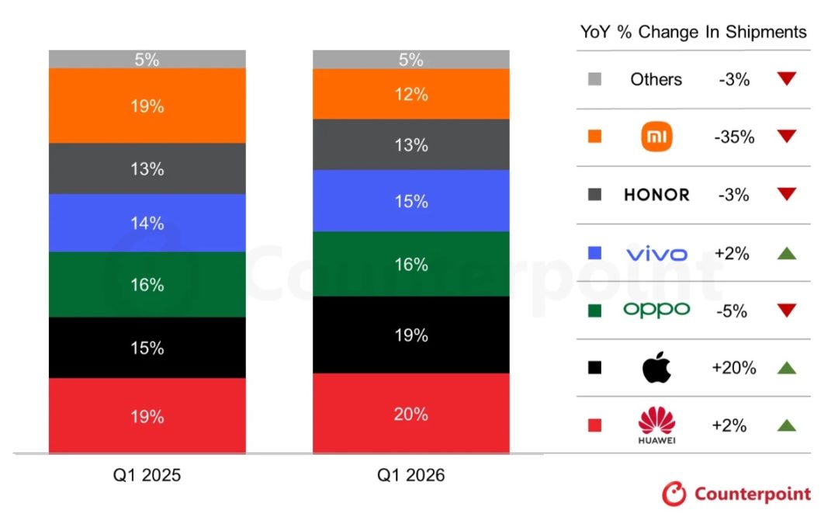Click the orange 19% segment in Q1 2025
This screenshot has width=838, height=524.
click(x=147, y=106)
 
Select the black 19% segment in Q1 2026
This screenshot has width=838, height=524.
click(x=411, y=335)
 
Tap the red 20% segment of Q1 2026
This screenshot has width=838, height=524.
click(x=411, y=413)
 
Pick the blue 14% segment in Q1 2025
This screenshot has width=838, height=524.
click(x=147, y=223)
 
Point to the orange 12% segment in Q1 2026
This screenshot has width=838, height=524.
click(x=411, y=94)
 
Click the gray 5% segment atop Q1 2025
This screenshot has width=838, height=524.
click(x=147, y=59)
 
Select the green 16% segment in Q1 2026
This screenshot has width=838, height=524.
click(x=411, y=264)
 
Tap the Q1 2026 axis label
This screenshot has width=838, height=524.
click(x=411, y=475)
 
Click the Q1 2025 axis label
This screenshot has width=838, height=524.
click(x=147, y=475)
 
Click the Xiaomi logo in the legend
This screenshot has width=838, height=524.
click(x=656, y=137)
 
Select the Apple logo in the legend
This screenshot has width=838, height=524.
click(x=656, y=368)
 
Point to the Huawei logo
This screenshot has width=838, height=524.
click(x=656, y=425)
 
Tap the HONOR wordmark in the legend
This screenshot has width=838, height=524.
click(x=656, y=195)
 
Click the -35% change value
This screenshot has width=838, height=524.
click(x=733, y=137)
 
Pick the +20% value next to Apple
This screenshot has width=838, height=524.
click(x=733, y=368)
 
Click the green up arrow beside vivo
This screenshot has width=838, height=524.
click(x=786, y=252)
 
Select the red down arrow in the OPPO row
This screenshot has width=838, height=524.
click(x=786, y=311)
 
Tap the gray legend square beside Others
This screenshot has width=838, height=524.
click(x=595, y=79)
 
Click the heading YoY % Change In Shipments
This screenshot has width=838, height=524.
click(x=693, y=32)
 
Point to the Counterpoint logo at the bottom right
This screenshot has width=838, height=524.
click(x=736, y=494)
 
